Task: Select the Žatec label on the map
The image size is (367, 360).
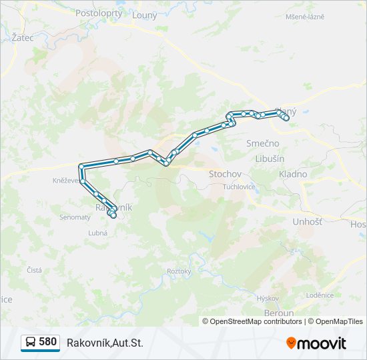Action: coord(23,38)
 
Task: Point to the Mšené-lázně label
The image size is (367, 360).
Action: coord(305,16)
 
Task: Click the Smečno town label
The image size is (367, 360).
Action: coord(263,143)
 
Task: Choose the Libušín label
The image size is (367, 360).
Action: coord(270,159)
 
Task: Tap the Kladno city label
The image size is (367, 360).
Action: coord(293,174)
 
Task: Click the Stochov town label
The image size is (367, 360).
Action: coord(225,174)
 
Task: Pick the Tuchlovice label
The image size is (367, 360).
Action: coord(239,187)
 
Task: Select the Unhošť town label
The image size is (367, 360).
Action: coord(307,221)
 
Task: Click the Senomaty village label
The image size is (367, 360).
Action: coord(75,217)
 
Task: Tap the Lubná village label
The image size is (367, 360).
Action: coord(98,233)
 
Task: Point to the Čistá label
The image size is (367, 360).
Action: coord(34,270)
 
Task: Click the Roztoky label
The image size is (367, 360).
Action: coord(179,271)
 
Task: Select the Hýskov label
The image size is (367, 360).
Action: coord(268,299)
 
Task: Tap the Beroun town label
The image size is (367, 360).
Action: coord(278,313)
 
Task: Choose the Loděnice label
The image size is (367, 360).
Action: coord(320,295)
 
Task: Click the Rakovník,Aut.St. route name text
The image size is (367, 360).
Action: coord(105,343)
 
